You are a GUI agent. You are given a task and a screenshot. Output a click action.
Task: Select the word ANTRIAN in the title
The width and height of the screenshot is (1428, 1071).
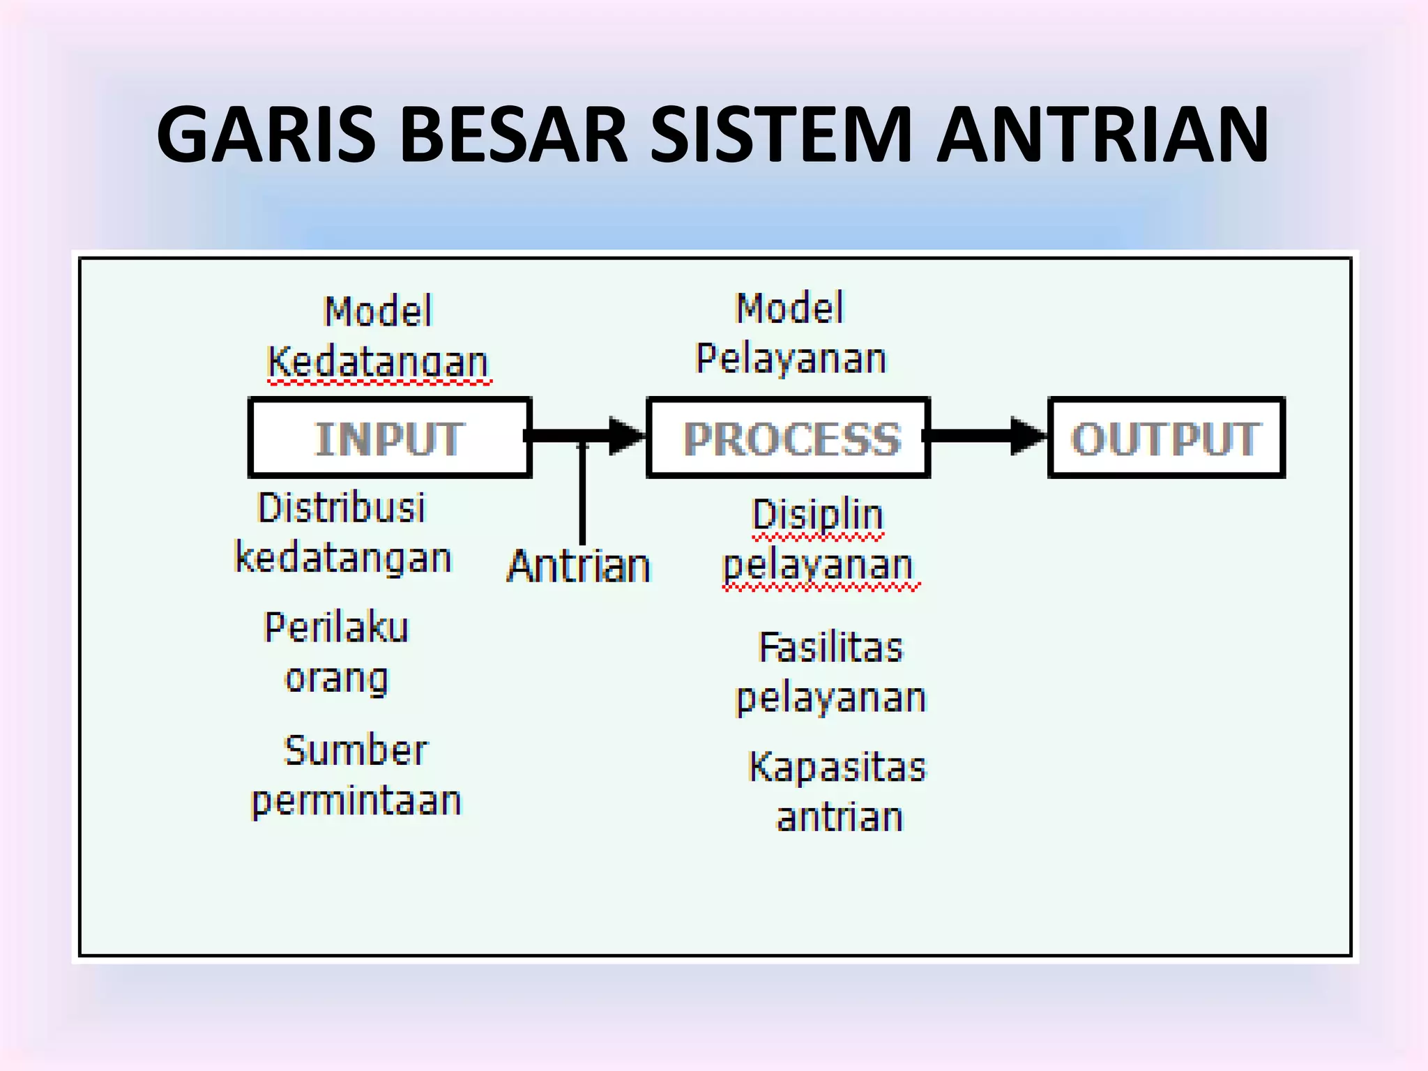(1102, 134)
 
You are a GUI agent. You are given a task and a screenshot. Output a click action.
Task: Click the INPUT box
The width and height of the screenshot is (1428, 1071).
(390, 438)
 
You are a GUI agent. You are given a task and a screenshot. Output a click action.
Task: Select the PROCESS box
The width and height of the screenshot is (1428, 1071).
(789, 438)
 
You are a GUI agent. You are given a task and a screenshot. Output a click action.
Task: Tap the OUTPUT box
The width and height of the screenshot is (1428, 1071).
(1166, 438)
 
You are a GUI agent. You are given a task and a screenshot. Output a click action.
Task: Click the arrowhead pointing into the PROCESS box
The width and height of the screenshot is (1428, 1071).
(626, 436)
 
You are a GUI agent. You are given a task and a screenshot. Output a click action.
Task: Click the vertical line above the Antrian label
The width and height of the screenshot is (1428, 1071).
(582, 495)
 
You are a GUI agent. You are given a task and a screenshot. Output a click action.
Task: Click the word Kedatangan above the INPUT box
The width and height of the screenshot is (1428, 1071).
(379, 362)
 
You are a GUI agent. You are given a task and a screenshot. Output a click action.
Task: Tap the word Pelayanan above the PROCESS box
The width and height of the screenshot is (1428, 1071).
(791, 358)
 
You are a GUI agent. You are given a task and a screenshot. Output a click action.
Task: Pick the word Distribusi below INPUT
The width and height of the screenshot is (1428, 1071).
(341, 508)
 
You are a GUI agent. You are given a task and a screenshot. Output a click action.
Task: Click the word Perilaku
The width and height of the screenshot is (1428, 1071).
(336, 627)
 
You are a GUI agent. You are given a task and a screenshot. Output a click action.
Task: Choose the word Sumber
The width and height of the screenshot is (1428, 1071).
(356, 750)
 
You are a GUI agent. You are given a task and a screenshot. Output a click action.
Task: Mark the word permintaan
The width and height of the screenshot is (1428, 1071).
(356, 801)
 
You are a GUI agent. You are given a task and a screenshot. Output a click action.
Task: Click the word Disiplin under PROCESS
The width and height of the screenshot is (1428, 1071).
(818, 515)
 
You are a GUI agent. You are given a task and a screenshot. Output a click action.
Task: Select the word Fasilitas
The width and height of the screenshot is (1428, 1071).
(830, 647)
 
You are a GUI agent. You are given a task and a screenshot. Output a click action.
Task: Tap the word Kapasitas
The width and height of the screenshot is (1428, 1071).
(837, 766)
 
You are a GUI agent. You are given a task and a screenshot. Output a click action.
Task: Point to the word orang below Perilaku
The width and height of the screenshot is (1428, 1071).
(336, 678)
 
